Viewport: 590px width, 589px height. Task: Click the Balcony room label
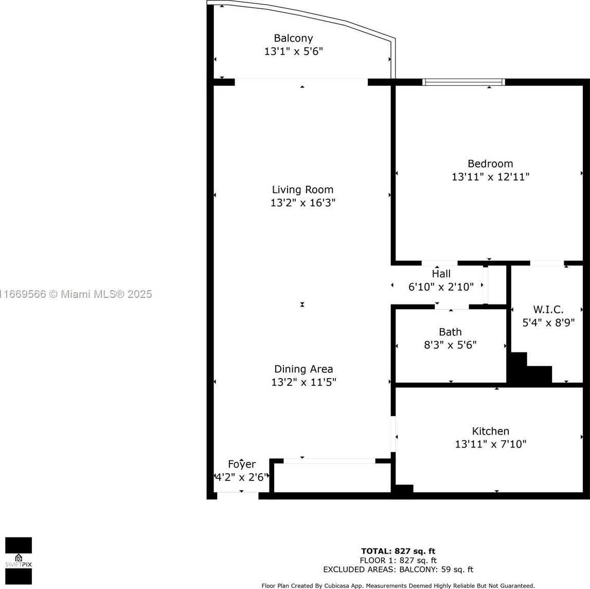tap(293, 39)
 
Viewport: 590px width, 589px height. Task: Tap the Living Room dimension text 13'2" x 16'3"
tap(303, 203)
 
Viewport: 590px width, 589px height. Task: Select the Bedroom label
tap(490, 164)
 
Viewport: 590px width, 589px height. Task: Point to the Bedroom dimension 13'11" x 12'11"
tap(490, 177)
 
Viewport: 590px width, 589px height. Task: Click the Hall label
tap(441, 274)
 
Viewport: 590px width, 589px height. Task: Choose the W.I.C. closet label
tap(548, 310)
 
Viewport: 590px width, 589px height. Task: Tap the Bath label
tap(450, 332)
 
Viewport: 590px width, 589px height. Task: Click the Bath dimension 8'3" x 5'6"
tap(450, 345)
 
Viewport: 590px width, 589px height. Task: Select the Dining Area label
tap(303, 369)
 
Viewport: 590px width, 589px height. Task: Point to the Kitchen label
tap(490, 431)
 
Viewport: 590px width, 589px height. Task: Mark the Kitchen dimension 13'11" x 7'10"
tap(490, 444)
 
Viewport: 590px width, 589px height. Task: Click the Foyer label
tap(242, 465)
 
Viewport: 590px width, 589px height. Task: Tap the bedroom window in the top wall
tap(463, 82)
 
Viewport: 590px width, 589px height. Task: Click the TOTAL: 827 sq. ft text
tap(398, 552)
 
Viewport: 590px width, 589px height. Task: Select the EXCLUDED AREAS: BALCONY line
tap(398, 570)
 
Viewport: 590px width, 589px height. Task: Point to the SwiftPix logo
tap(19, 561)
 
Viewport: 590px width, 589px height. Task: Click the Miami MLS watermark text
tap(76, 294)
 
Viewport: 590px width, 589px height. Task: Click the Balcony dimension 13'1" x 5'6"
tap(294, 51)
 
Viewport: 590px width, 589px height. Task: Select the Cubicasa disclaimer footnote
tap(398, 585)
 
